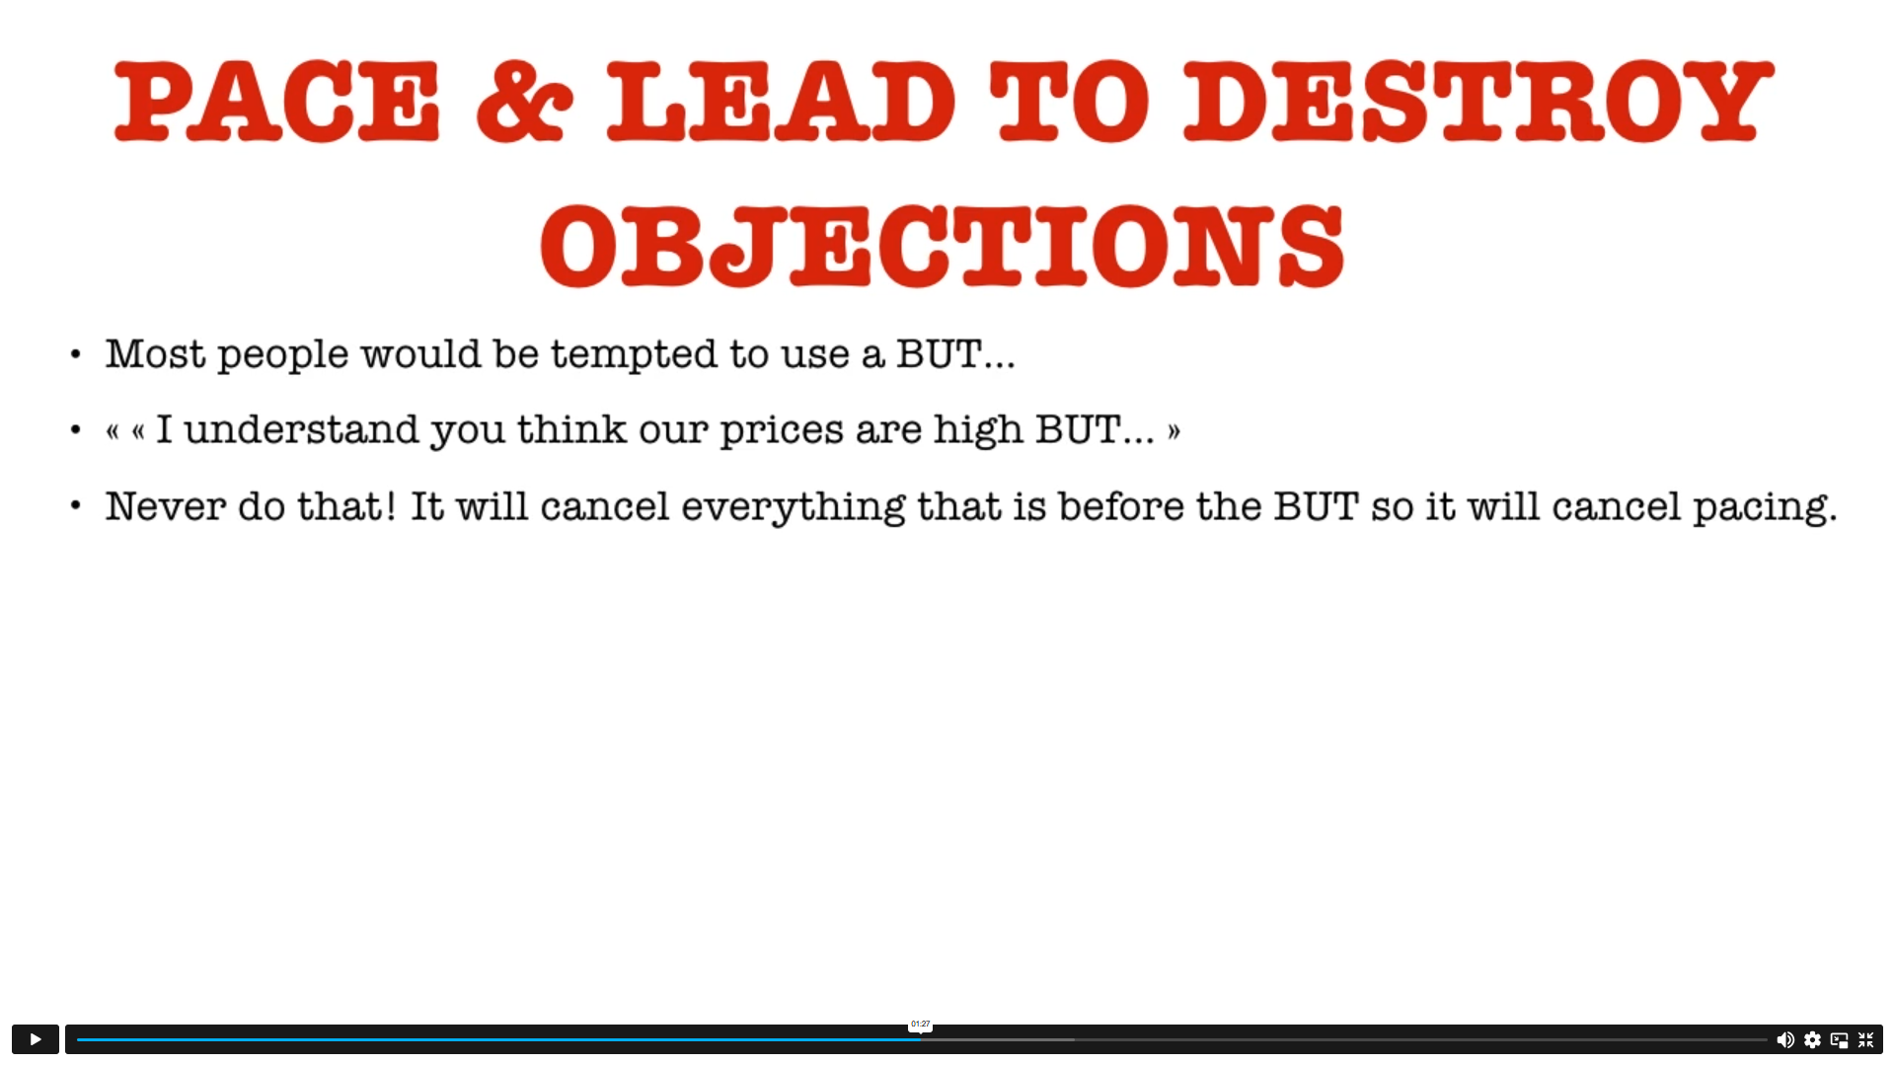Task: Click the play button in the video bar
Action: [x=36, y=1039]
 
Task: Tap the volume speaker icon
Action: [x=1785, y=1039]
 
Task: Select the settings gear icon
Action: [x=1812, y=1039]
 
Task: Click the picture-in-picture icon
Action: [x=1839, y=1039]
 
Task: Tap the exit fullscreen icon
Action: [x=1865, y=1039]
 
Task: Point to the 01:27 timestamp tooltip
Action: [x=920, y=1025]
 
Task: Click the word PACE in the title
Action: [x=277, y=100]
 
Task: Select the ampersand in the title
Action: [x=524, y=101]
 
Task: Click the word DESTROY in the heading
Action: [x=1478, y=100]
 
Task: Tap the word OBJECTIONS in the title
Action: [x=943, y=246]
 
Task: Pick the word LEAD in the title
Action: [x=781, y=100]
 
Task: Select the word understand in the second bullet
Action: [x=302, y=430]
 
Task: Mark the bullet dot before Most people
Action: [x=76, y=354]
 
